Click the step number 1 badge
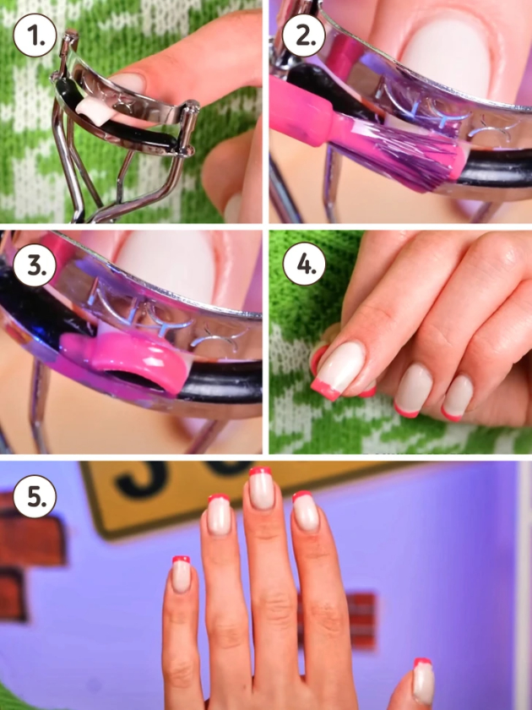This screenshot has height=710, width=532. click(x=35, y=35)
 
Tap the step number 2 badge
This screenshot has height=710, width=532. click(x=303, y=35)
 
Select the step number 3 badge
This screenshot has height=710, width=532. click(x=35, y=265)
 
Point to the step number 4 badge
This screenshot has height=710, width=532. click(x=303, y=264)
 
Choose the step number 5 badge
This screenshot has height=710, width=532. click(x=35, y=496)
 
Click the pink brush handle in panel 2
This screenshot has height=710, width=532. click(x=302, y=112)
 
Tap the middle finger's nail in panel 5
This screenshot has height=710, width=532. click(x=261, y=489)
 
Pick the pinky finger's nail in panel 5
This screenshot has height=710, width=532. click(x=182, y=574)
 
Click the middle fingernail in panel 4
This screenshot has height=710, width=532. click(x=413, y=390)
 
